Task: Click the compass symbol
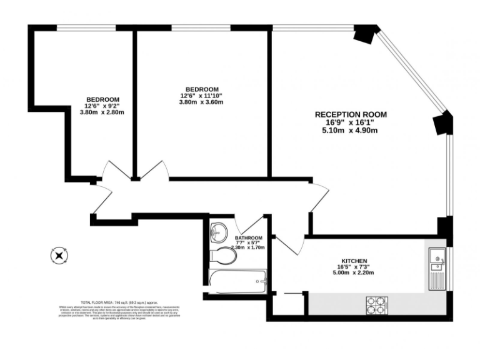coord(59,255)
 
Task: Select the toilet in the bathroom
coord(221,256)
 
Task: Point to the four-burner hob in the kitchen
coord(375,304)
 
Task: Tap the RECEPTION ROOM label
coord(350,114)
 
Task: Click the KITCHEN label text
coord(354,261)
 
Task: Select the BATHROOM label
coord(248,238)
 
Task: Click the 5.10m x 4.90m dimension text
coord(350,131)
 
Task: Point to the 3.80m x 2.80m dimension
coord(102,112)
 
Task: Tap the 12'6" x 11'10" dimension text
coord(201,96)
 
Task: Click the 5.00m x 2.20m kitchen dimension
coord(354,273)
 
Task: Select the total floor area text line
coord(119,302)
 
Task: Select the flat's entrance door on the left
coord(100,199)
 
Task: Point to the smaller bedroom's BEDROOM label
coord(102,99)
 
